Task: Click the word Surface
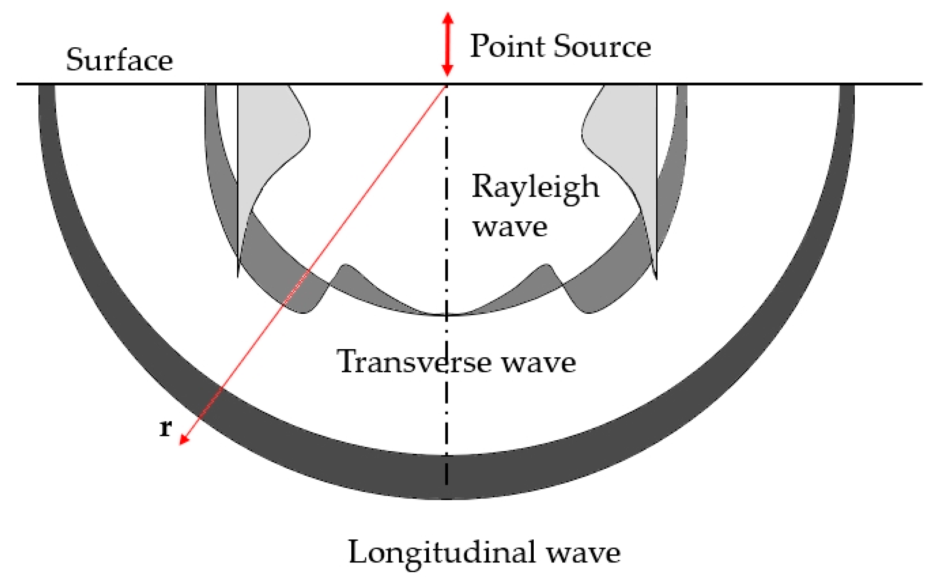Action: [119, 60]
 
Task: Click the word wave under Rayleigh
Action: [510, 227]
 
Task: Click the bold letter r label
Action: [165, 428]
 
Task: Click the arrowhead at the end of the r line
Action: [183, 441]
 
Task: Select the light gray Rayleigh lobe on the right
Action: [625, 141]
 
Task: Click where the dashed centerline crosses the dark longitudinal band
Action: [446, 477]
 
